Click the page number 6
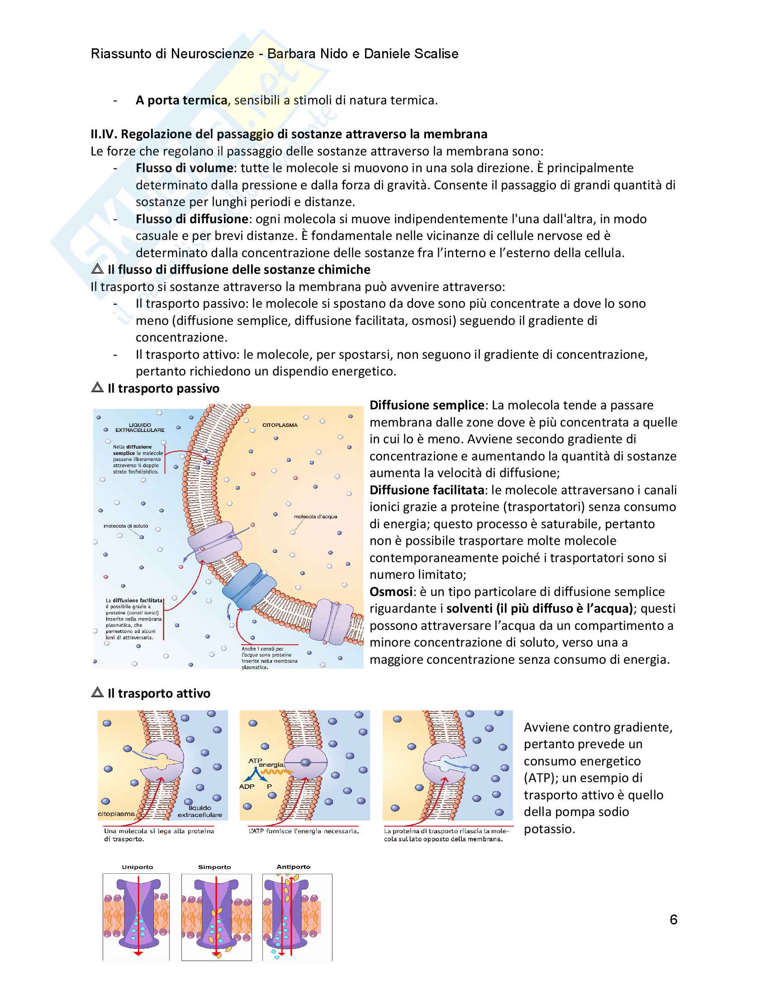point(674,919)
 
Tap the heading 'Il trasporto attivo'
point(158,693)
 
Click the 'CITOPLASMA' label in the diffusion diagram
point(280,425)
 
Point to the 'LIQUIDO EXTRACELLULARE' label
point(140,427)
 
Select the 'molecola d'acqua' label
point(315,516)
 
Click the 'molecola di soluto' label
point(126,525)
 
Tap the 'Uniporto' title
point(137,867)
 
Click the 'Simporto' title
point(214,867)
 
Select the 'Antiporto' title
point(294,867)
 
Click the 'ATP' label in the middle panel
point(255,760)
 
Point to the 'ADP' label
point(247,787)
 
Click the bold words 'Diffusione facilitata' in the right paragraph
point(427,490)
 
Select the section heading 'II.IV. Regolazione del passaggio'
point(289,134)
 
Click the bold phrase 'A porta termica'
point(181,100)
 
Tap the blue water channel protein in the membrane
point(249,586)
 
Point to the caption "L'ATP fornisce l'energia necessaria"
point(304,831)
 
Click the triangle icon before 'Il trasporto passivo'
point(97,388)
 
